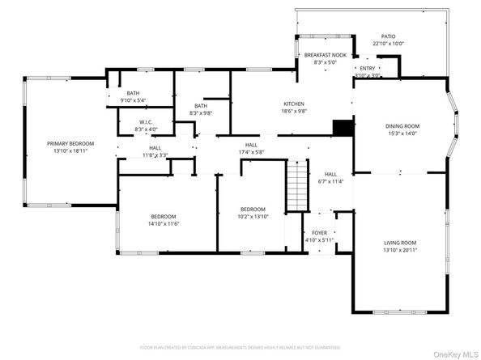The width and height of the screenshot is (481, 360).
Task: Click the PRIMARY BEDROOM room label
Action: coord(70,143)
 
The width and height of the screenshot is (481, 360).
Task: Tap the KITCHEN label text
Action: coord(293,103)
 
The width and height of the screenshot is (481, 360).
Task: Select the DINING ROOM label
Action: coord(402,126)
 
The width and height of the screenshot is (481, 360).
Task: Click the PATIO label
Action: coord(389,36)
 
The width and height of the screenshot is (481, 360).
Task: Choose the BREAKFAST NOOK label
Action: coord(325,54)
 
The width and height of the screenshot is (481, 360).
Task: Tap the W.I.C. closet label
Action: coord(146,122)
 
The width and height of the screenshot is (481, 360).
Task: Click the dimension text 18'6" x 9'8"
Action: coord(293,111)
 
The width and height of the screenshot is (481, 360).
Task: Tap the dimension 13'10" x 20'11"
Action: coord(400,250)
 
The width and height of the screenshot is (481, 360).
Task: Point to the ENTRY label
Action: coord(368,69)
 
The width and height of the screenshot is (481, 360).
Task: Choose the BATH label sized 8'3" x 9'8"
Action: coord(201,106)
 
